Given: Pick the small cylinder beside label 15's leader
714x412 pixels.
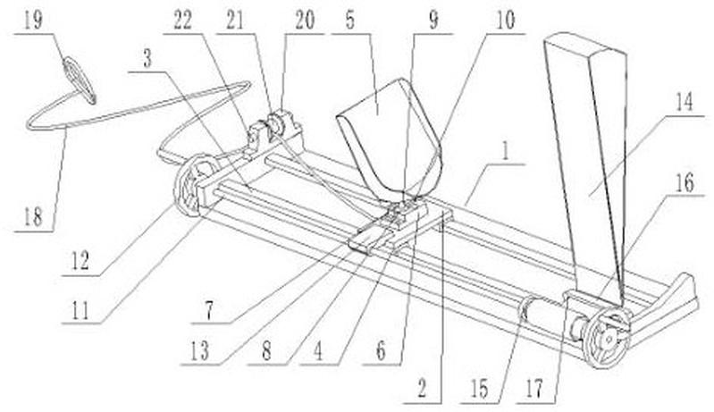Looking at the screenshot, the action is point(538,317).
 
